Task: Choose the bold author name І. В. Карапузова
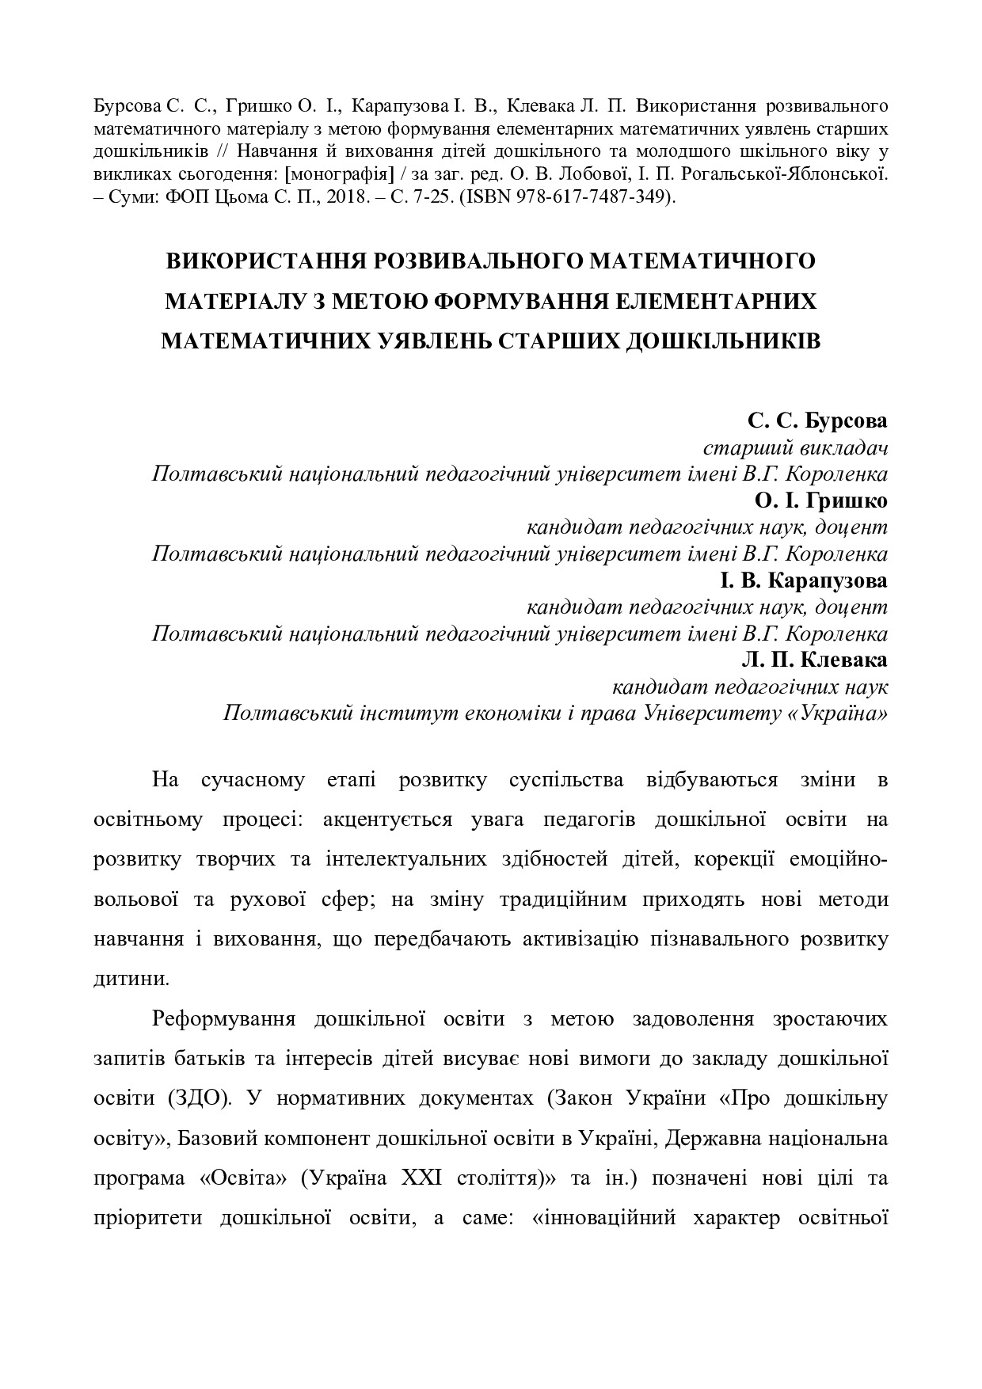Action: [803, 580]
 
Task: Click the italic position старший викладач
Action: [795, 447]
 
